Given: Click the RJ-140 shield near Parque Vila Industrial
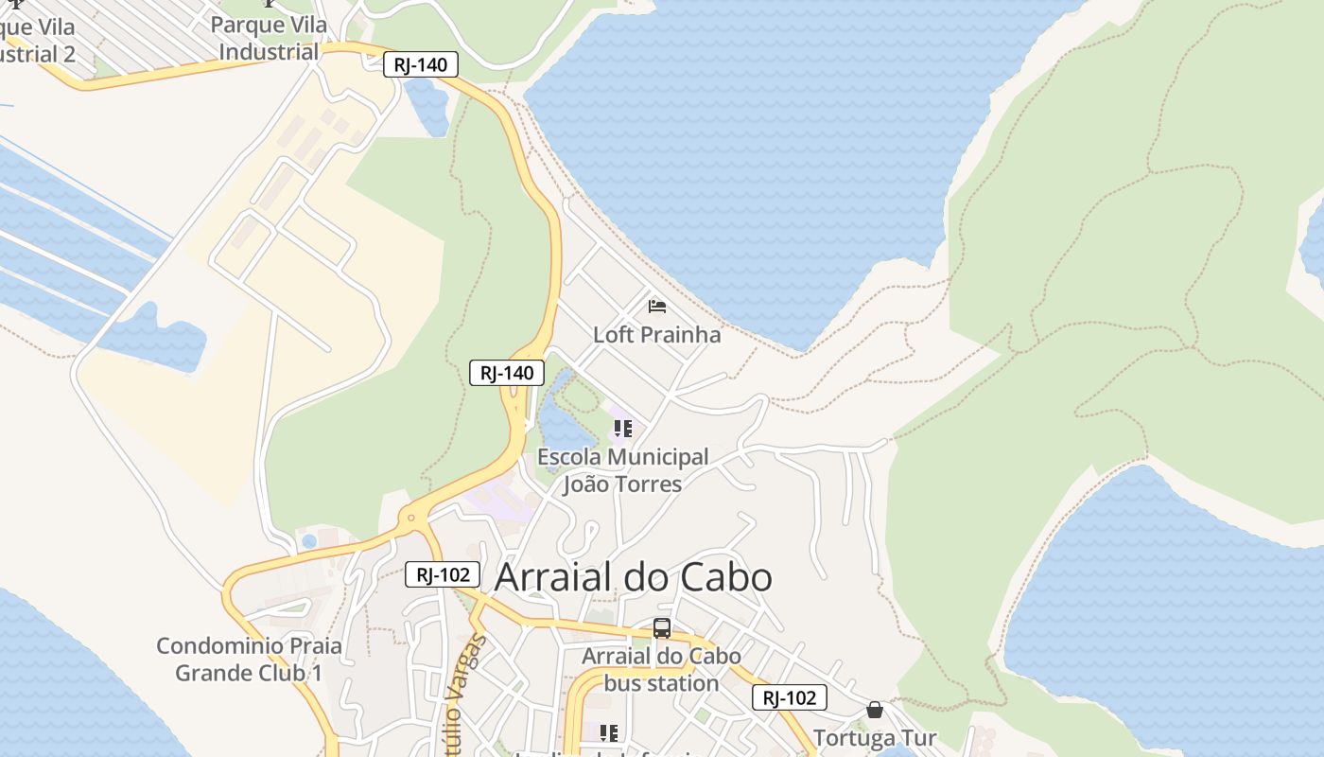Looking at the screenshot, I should (x=421, y=64).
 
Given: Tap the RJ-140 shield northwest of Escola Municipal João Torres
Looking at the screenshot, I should (x=507, y=373).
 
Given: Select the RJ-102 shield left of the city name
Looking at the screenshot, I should (x=443, y=574).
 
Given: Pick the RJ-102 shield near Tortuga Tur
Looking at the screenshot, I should (x=790, y=698).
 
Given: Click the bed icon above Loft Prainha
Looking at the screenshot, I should (x=657, y=306).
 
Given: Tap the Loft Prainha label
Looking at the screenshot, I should (x=656, y=335).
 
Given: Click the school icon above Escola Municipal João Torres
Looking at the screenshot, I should (x=622, y=429).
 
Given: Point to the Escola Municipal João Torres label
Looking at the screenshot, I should (x=622, y=470).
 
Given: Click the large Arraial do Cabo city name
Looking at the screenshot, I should (x=633, y=577).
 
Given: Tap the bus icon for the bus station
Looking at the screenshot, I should (x=662, y=628).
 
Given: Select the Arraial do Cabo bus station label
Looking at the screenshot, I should (x=661, y=669).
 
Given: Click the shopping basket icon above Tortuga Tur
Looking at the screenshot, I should (x=875, y=710).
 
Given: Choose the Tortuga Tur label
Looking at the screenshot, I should (x=875, y=738).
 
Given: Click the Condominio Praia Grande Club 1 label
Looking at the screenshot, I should (x=249, y=660).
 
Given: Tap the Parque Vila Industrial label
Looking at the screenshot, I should (x=269, y=38).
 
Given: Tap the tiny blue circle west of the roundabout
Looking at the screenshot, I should (x=309, y=542).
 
